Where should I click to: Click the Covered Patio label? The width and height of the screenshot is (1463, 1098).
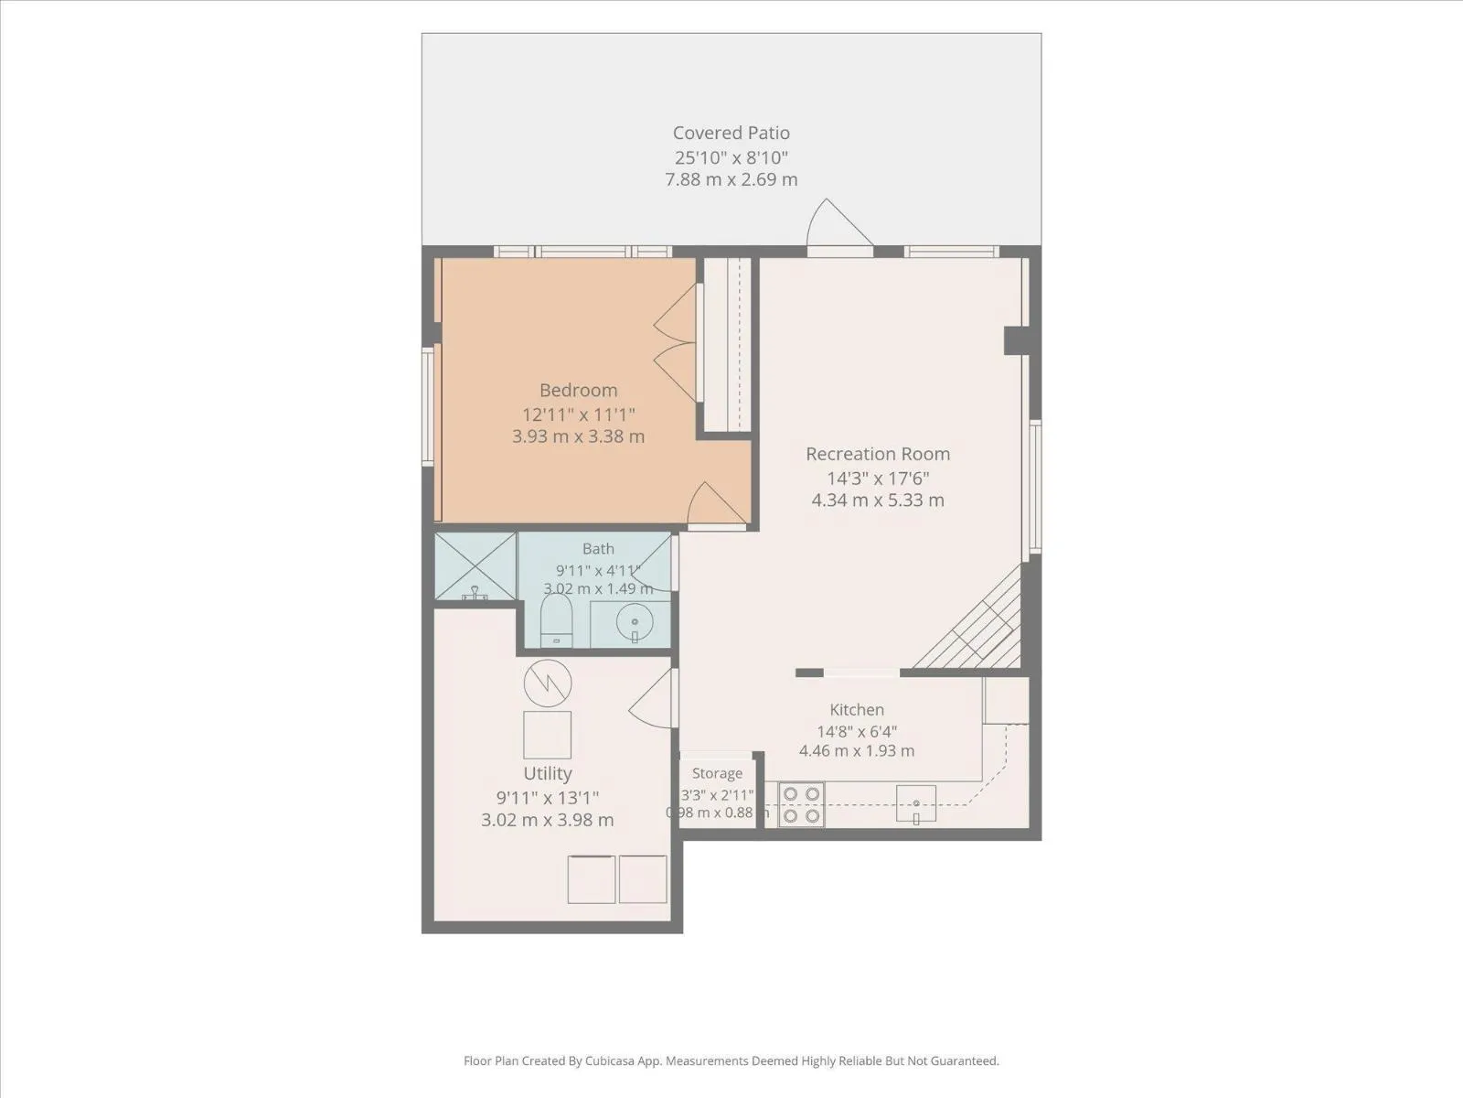tap(731, 133)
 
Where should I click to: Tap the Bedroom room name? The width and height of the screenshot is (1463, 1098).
tap(578, 390)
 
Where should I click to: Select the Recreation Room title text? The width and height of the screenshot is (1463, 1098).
tap(878, 454)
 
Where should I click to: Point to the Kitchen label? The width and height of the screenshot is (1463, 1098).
tap(857, 709)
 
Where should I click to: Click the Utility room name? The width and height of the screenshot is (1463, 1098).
tap(547, 773)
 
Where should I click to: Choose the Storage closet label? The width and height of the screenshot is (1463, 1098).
tap(717, 773)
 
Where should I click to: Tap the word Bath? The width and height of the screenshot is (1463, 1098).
tap(598, 549)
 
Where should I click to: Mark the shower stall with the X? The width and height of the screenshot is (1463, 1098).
tap(475, 565)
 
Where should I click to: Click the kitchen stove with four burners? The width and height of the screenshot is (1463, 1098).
tap(801, 804)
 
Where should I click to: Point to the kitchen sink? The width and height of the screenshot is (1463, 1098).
tap(916, 803)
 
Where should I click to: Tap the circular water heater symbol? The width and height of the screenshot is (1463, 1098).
tap(547, 684)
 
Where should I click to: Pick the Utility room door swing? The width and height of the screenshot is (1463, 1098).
tap(653, 698)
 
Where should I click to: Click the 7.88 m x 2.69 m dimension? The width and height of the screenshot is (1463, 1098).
tap(731, 179)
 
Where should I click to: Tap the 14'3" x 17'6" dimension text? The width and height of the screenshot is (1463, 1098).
tap(878, 478)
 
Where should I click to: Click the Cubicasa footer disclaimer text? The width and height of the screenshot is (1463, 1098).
tap(731, 1060)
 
